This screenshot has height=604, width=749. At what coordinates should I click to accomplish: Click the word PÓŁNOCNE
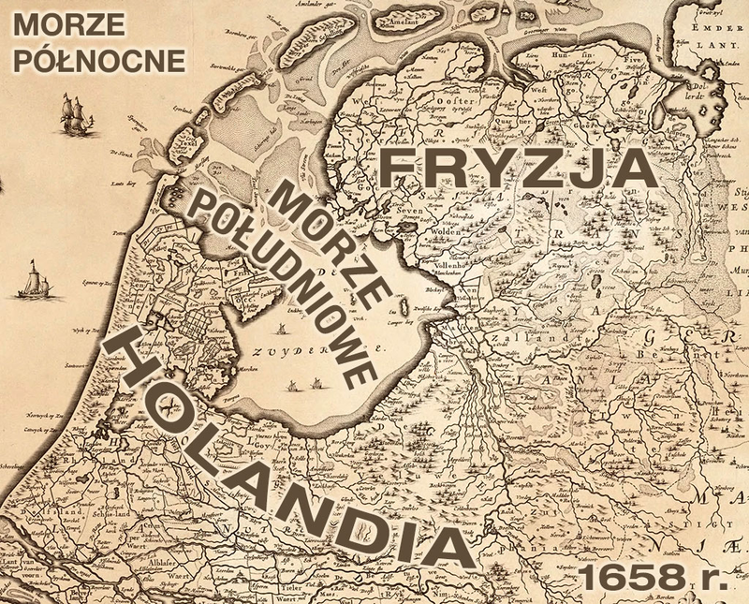(x=93, y=58)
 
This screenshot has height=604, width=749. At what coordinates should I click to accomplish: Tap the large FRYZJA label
(x=514, y=169)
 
